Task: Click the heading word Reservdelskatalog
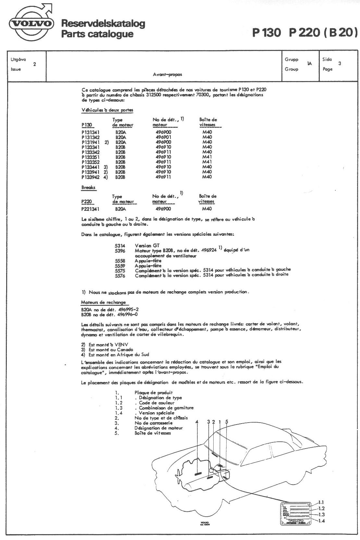pyautogui.click(x=103, y=24)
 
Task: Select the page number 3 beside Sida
pyautogui.click(x=339, y=64)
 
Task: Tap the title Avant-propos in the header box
pyautogui.click(x=167, y=74)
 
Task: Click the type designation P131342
pyautogui.click(x=91, y=137)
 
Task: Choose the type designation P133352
pyautogui.click(x=91, y=162)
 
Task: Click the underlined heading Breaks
pyautogui.click(x=88, y=187)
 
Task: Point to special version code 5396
pyautogui.click(x=120, y=251)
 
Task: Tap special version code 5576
pyautogui.click(x=120, y=275)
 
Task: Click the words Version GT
pyautogui.click(x=147, y=246)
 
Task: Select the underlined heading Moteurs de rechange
pyautogui.click(x=103, y=302)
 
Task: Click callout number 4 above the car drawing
pyautogui.click(x=197, y=422)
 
